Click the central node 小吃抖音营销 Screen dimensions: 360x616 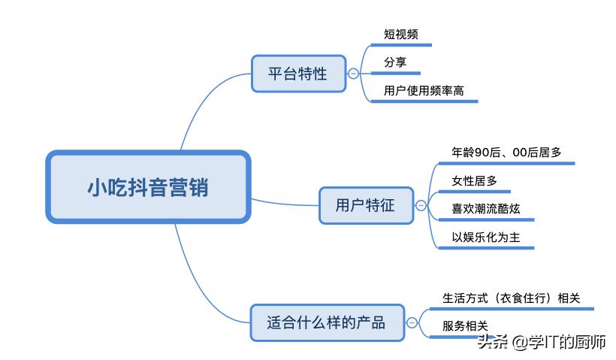pos(147,187)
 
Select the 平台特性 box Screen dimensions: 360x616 pos(298,74)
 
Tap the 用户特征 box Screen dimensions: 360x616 pos(366,204)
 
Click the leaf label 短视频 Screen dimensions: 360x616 pos(401,35)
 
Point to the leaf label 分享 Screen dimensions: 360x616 pos(395,62)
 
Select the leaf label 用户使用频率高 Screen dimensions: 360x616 pos(424,91)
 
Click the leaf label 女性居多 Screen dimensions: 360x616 pos(474,180)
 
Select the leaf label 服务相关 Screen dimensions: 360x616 pos(465,325)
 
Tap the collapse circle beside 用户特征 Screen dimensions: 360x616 pos(421,204)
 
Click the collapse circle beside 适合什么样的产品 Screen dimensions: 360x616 pos(412,322)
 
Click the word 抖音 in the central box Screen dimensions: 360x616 pos(147,187)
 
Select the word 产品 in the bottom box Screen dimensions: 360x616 pos(371,322)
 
